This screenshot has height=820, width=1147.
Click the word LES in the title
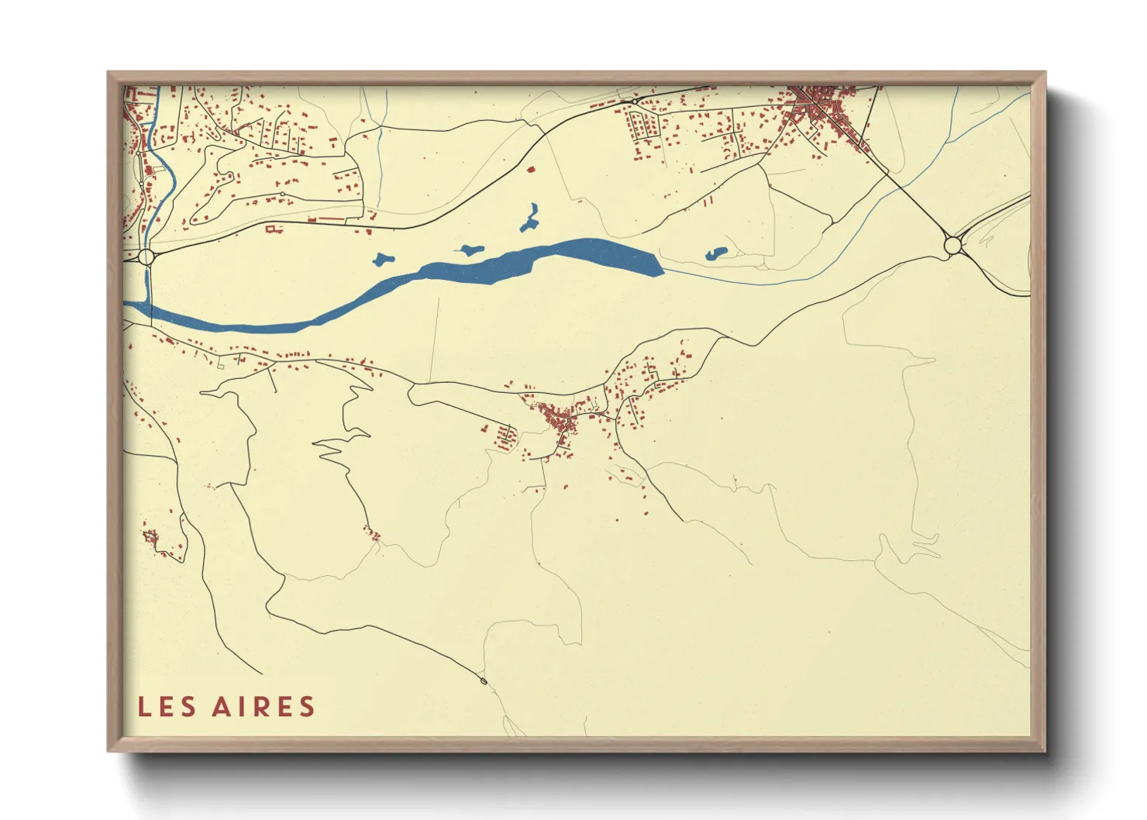[x=167, y=707]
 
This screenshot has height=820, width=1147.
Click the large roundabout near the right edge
[x=952, y=246]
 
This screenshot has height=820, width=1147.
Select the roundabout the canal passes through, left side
[x=146, y=257]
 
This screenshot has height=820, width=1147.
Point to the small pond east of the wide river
[x=715, y=253]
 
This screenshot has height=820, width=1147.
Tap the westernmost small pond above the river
[x=383, y=260]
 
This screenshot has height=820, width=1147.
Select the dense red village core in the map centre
[x=560, y=419]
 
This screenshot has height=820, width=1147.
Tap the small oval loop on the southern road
[x=484, y=681]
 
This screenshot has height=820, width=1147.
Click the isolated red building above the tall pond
[x=531, y=168]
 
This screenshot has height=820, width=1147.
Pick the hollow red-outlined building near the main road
[x=271, y=228]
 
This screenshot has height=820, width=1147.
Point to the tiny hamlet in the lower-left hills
[x=150, y=536]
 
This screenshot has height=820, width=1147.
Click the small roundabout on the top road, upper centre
[x=634, y=102]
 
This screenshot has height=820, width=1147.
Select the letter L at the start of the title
[x=144, y=707]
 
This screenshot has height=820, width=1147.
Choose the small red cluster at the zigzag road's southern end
[x=371, y=532]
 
